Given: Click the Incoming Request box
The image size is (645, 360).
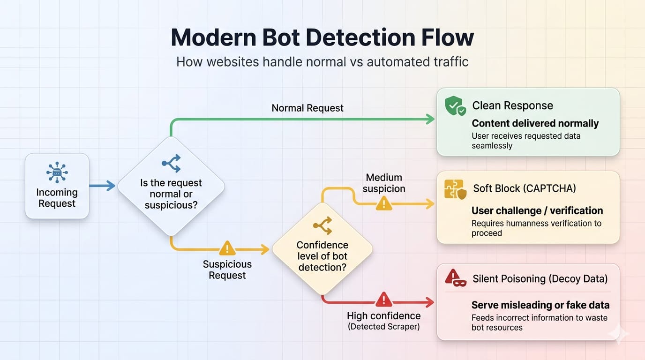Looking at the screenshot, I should (x=57, y=186).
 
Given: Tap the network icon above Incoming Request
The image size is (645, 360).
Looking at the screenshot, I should (x=57, y=173).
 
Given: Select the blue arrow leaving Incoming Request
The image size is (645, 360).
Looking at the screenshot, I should (x=102, y=186).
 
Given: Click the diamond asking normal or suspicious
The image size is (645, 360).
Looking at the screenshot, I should (x=171, y=186).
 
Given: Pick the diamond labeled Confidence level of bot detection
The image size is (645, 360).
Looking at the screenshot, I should (x=322, y=249).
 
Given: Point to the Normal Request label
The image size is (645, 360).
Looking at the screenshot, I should (x=307, y=108).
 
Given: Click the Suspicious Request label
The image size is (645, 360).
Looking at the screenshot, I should (x=227, y=270).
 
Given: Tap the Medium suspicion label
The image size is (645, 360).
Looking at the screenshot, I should (x=384, y=183).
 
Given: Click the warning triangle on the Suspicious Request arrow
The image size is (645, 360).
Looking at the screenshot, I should (x=227, y=248).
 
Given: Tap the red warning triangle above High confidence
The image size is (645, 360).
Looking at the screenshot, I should (x=384, y=299).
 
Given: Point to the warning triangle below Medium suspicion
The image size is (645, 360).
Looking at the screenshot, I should (x=384, y=203).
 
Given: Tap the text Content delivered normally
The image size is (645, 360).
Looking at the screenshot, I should (x=535, y=123).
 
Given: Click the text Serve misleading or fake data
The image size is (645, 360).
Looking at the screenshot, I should (x=540, y=305).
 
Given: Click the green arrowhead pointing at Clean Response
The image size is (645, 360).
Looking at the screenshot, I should (x=430, y=119).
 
